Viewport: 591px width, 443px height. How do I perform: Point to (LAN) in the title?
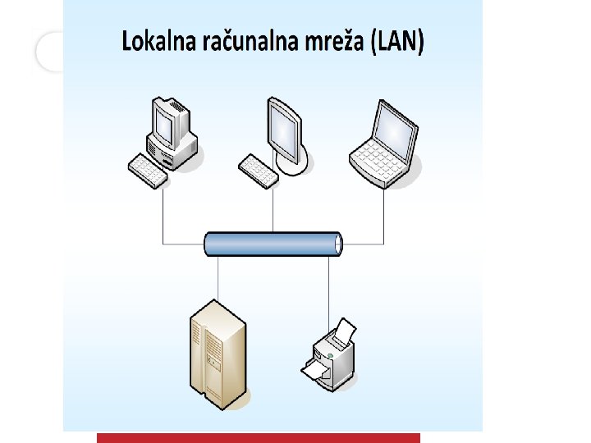point(398,42)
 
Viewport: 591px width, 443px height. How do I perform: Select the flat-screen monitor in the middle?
point(283,130)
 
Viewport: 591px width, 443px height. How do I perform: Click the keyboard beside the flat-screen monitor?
point(259,171)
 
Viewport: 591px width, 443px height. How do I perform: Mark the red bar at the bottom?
point(259,438)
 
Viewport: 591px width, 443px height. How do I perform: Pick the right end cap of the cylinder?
point(337,244)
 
